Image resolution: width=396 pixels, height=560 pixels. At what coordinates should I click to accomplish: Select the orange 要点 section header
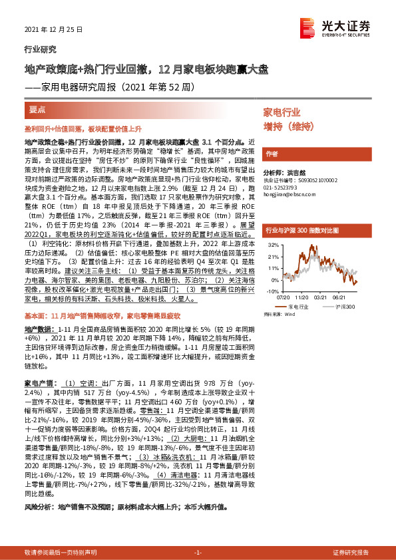[x=37, y=108]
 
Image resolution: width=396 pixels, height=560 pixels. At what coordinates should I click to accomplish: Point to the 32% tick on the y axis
[x=272, y=245]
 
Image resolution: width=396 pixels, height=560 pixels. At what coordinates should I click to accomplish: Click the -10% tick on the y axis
[x=272, y=291]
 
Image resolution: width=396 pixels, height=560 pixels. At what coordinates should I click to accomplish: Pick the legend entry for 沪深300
[x=345, y=307]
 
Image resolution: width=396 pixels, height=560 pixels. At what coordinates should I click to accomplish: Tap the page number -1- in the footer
[x=197, y=552]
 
